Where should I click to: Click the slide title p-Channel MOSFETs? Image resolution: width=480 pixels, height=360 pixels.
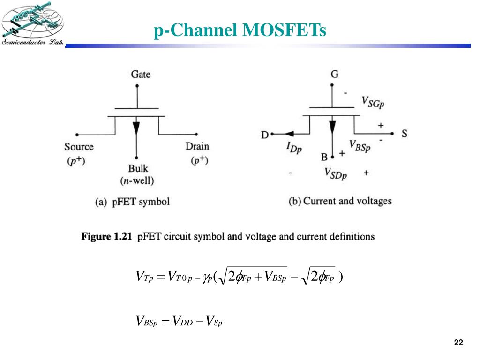pyautogui.click(x=240, y=30)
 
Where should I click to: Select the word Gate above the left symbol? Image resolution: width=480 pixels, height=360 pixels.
pyautogui.click(x=141, y=74)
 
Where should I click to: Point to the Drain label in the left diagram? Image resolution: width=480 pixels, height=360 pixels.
pyautogui.click(x=197, y=146)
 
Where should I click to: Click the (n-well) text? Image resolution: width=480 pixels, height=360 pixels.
pyautogui.click(x=138, y=180)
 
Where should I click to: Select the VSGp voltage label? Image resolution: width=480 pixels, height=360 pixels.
pyautogui.click(x=373, y=101)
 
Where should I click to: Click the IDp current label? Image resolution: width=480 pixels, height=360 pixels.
pyautogui.click(x=294, y=148)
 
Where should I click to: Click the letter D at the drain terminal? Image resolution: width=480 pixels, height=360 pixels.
pyautogui.click(x=265, y=135)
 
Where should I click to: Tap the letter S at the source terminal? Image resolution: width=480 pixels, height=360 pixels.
pyautogui.click(x=405, y=134)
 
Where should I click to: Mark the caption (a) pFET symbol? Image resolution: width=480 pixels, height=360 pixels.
pyautogui.click(x=132, y=202)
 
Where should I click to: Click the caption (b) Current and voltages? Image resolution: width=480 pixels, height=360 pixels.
pyautogui.click(x=339, y=201)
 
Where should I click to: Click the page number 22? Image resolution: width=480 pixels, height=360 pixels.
pyautogui.click(x=458, y=343)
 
